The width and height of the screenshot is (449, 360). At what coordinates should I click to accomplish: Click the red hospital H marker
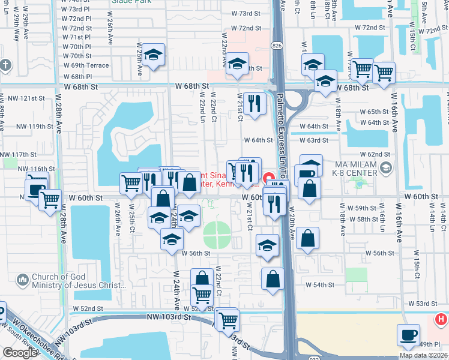coord(441,319)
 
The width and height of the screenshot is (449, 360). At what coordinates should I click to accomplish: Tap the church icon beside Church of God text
coord(23,280)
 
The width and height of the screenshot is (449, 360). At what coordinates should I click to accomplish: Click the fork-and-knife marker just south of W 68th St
coord(255,103)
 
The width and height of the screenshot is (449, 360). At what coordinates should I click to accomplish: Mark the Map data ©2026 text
coord(424,355)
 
